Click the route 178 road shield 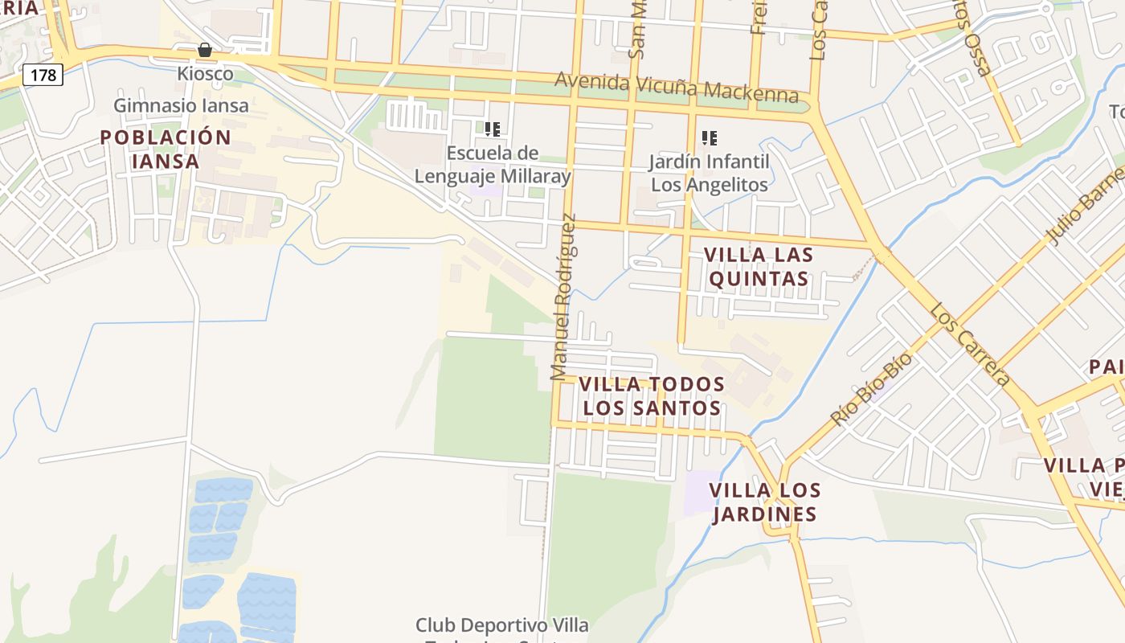(43, 75)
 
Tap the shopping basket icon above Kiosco (205, 50)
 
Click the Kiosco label (205, 74)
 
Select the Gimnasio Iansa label (181, 105)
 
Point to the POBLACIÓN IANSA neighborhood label (166, 149)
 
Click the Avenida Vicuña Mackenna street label (677, 88)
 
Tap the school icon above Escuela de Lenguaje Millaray (493, 129)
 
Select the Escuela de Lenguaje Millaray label (493, 165)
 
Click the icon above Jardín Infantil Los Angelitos (709, 138)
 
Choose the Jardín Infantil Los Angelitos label (709, 173)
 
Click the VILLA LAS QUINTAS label (758, 267)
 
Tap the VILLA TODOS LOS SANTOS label (651, 396)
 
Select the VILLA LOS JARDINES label (763, 502)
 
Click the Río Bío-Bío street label (872, 389)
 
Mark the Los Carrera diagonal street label (969, 344)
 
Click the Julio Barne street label (1085, 205)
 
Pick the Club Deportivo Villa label (501, 625)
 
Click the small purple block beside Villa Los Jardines (702, 492)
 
